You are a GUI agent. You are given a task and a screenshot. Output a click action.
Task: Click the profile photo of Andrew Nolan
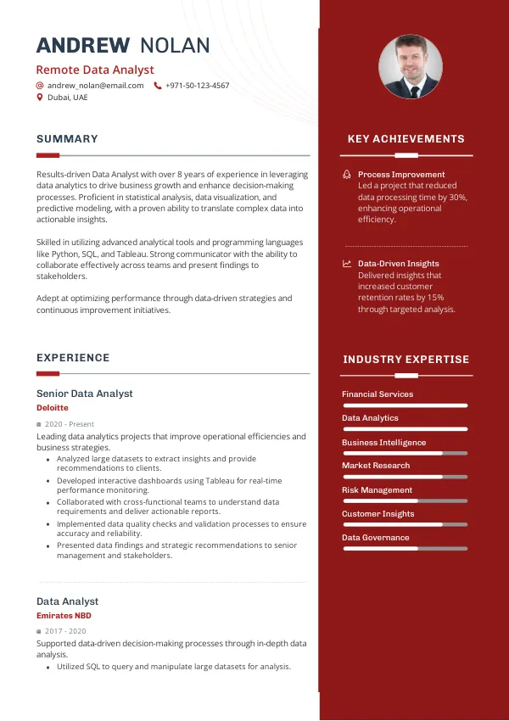coord(410,67)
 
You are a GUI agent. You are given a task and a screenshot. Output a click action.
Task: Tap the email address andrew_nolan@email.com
coord(95,86)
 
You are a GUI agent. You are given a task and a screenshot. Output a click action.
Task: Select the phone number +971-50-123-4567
coord(197,86)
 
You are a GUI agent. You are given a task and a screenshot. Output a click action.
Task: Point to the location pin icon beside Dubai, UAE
coord(39,98)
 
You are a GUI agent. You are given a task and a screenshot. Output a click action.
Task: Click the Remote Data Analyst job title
coord(95,70)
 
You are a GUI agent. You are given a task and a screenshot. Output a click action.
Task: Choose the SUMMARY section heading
coord(67,139)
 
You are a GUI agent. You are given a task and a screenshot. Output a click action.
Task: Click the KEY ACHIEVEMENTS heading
coord(406,139)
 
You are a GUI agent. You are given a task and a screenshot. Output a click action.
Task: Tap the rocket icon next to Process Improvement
coord(346,175)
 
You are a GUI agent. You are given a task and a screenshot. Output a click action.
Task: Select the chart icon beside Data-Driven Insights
coord(346,264)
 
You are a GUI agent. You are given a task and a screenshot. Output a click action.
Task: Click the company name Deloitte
coord(52,408)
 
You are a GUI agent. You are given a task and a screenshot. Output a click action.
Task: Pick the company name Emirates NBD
coord(64,616)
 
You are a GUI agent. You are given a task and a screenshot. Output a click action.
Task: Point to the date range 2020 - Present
coord(70,424)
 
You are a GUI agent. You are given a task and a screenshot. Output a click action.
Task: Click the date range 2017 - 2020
coord(65,632)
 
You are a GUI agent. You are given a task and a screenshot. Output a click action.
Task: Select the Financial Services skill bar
coord(405,405)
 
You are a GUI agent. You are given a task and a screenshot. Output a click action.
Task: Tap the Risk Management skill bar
coord(405,501)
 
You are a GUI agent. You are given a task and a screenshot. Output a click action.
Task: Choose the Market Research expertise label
coord(376,466)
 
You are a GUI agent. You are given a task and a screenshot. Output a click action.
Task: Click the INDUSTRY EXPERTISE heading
coord(406,360)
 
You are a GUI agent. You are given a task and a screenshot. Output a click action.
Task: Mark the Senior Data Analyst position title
coord(84,394)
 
